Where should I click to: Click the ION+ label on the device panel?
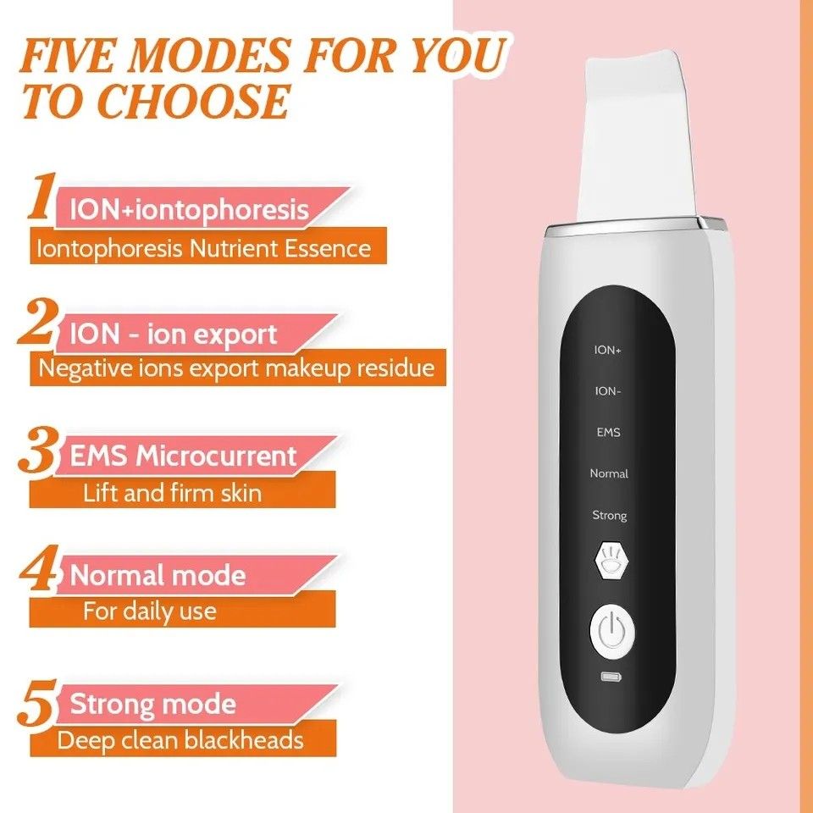608,349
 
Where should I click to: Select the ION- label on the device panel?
608,390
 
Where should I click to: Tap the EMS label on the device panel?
608,432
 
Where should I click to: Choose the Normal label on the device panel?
609,473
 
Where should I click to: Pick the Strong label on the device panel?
609,515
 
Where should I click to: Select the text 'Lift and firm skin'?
172,493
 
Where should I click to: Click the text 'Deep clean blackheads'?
180,740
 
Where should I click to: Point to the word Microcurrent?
217,456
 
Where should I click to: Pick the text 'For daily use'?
149,611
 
